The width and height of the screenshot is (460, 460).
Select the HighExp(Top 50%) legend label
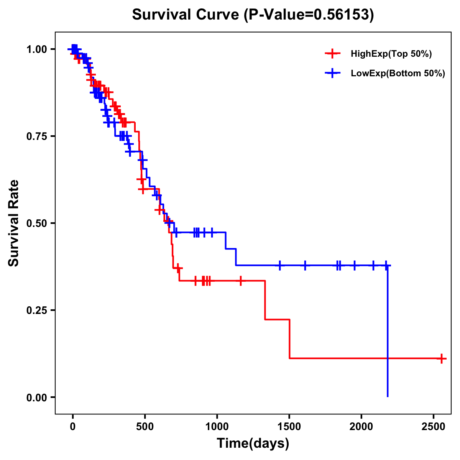point(391,54)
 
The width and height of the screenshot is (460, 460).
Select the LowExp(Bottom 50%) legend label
point(398,74)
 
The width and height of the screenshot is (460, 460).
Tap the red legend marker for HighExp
point(332,54)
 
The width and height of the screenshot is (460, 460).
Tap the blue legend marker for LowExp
point(332,73)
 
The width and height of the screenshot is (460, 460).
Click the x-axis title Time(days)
point(253,444)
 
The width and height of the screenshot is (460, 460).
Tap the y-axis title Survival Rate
point(14,223)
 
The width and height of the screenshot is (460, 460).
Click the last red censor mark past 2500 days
point(442,358)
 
